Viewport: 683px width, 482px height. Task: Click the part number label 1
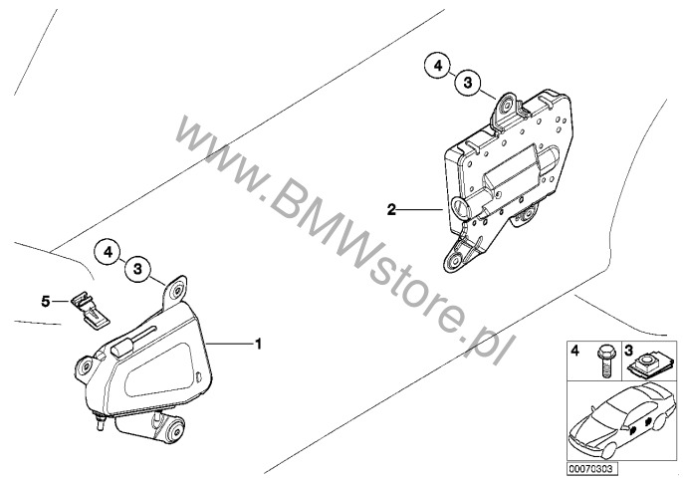pyautogui.click(x=258, y=344)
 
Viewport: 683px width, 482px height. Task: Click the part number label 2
pyautogui.click(x=391, y=210)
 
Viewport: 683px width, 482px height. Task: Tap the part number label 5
pyautogui.click(x=46, y=301)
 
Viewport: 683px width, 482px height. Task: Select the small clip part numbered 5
pyautogui.click(x=91, y=311)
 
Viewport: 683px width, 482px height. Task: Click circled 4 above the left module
pyautogui.click(x=108, y=252)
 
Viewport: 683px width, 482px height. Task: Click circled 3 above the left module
pyautogui.click(x=137, y=269)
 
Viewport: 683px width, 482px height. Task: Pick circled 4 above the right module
pyautogui.click(x=438, y=66)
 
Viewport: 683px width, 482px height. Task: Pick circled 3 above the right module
pyautogui.click(x=468, y=83)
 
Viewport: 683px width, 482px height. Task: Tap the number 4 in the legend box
pyautogui.click(x=575, y=351)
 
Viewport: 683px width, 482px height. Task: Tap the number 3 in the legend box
pyautogui.click(x=629, y=350)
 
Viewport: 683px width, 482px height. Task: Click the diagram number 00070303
pyautogui.click(x=592, y=469)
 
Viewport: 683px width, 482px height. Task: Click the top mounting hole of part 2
pyautogui.click(x=507, y=105)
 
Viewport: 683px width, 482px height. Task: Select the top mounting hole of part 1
pyautogui.click(x=177, y=290)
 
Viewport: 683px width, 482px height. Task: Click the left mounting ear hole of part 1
pyautogui.click(x=86, y=366)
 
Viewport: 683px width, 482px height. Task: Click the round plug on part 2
pyautogui.click(x=460, y=205)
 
